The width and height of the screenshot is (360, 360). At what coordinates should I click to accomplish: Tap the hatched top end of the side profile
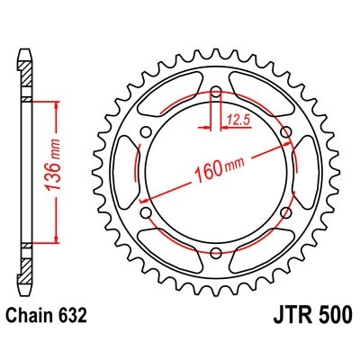(x=25, y=54)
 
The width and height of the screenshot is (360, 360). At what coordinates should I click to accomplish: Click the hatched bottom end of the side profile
(x=25, y=283)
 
